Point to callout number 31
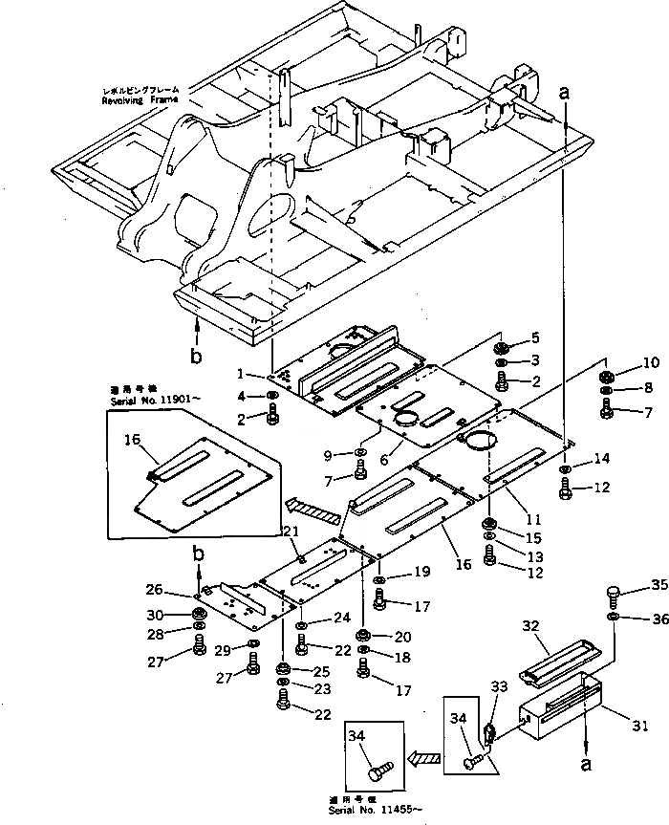[640, 727]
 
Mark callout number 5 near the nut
[536, 337]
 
